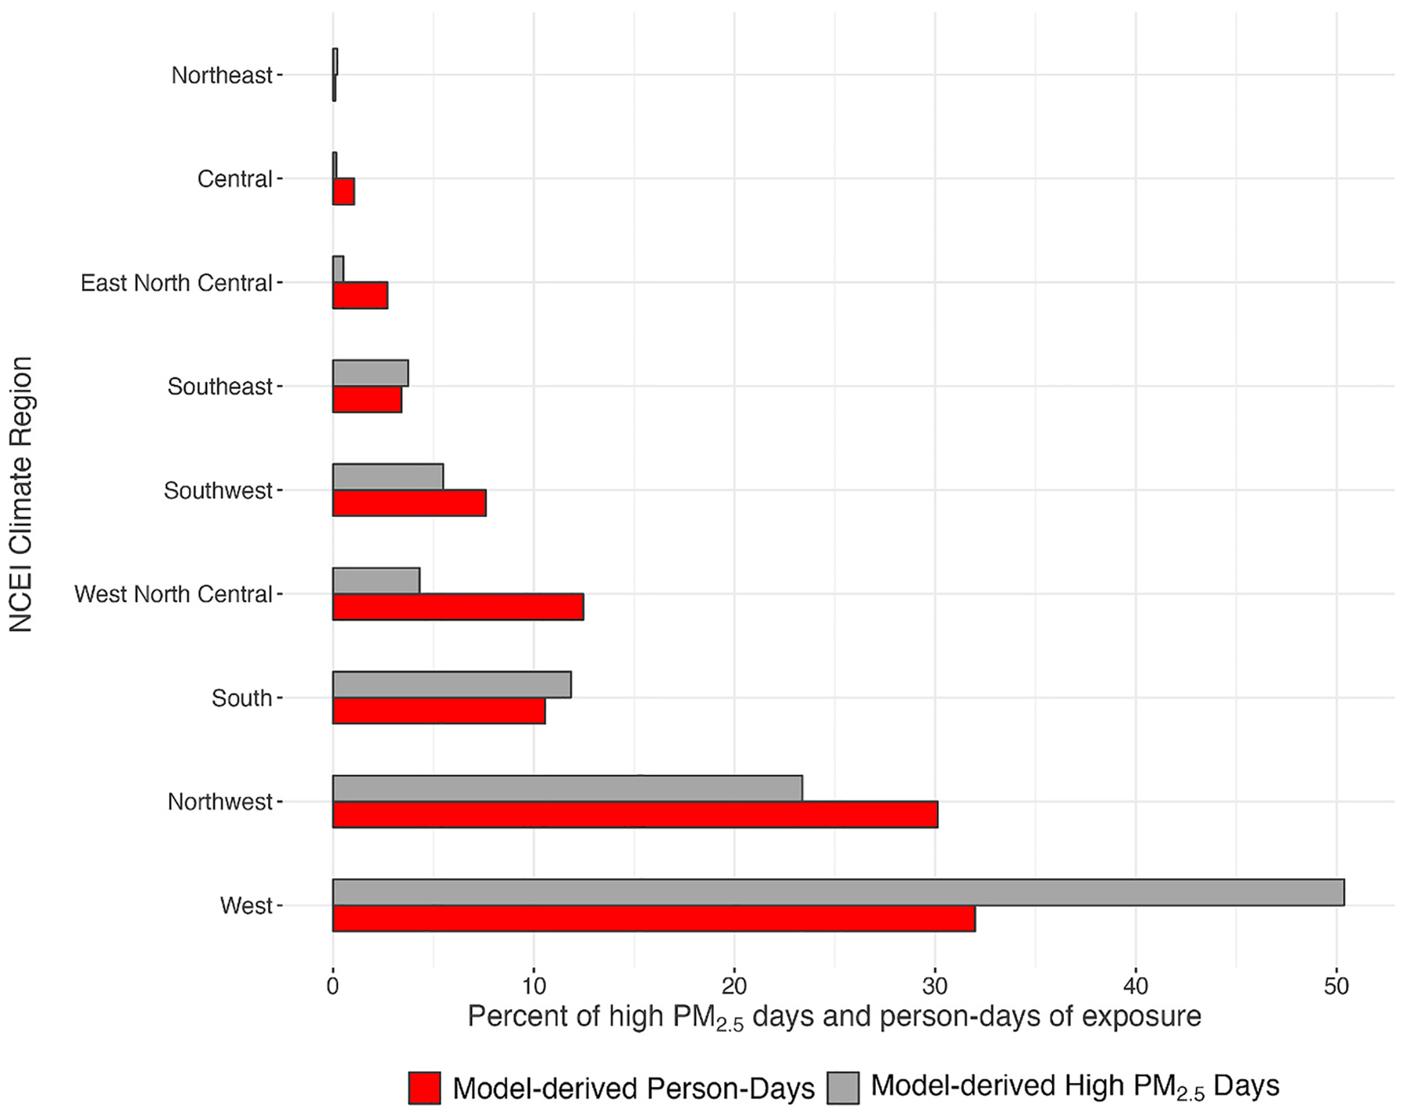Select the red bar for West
(653, 919)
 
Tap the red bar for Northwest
(634, 815)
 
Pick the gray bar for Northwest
(567, 788)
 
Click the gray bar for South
(451, 684)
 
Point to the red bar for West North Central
(458, 607)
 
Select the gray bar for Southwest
(387, 476)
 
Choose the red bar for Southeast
(367, 399)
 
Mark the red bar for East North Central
(360, 295)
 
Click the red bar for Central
(344, 191)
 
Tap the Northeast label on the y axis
(222, 75)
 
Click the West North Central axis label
(173, 594)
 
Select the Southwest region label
(218, 491)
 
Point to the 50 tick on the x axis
(1336, 986)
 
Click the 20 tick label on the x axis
(733, 986)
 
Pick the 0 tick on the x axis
(333, 986)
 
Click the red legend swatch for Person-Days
(424, 1088)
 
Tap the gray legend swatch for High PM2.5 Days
(842, 1088)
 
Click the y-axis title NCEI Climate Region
(21, 494)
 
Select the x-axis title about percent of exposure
(833, 1017)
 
